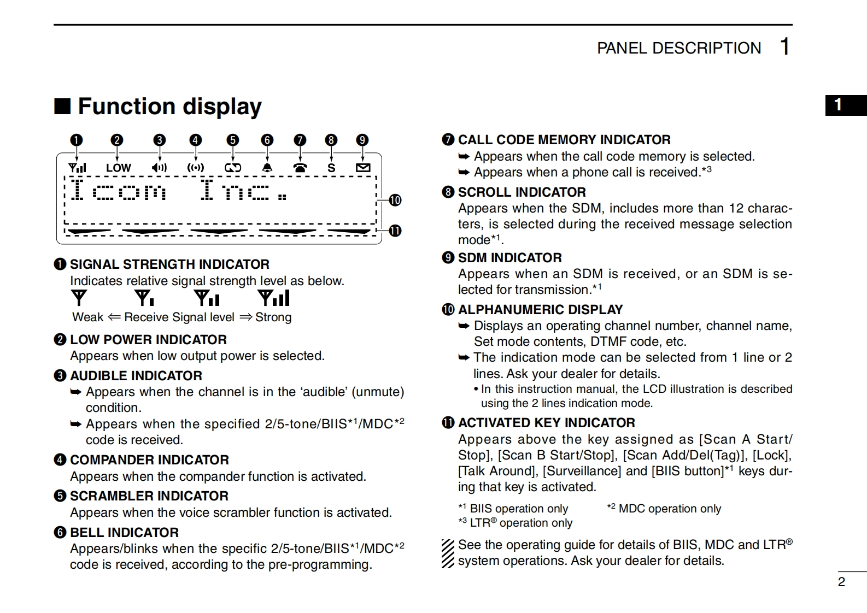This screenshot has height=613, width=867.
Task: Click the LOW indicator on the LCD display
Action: pos(119,168)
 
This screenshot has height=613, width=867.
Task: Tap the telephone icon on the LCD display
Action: pos(300,168)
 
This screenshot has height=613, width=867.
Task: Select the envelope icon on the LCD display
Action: pos(363,168)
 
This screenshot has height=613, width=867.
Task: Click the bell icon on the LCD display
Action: pos(267,168)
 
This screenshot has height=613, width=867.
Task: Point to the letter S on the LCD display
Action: pos(331,168)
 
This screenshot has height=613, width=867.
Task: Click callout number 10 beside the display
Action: pos(395,200)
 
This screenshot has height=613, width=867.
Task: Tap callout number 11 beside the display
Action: pos(395,231)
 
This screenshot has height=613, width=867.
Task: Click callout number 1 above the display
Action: pos(77,140)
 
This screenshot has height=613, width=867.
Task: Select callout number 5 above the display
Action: pos(233,140)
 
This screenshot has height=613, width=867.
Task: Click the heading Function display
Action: pos(169,107)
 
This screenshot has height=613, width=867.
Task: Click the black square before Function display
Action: pos(62,106)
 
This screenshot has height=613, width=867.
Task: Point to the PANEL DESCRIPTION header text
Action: pos(678,48)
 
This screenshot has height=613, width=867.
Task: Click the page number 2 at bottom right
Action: pos(841,582)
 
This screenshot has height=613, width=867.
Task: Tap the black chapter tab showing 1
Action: pos(845,105)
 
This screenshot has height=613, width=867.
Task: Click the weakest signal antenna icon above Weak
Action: pos(79,298)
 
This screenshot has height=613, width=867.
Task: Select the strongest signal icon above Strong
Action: pos(274,298)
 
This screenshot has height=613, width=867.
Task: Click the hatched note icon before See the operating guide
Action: pos(448,553)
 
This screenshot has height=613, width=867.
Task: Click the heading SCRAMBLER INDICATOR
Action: pos(149,496)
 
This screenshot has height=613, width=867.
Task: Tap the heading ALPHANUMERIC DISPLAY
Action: pos(540,310)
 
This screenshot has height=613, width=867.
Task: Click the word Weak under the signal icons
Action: pos(87,317)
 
